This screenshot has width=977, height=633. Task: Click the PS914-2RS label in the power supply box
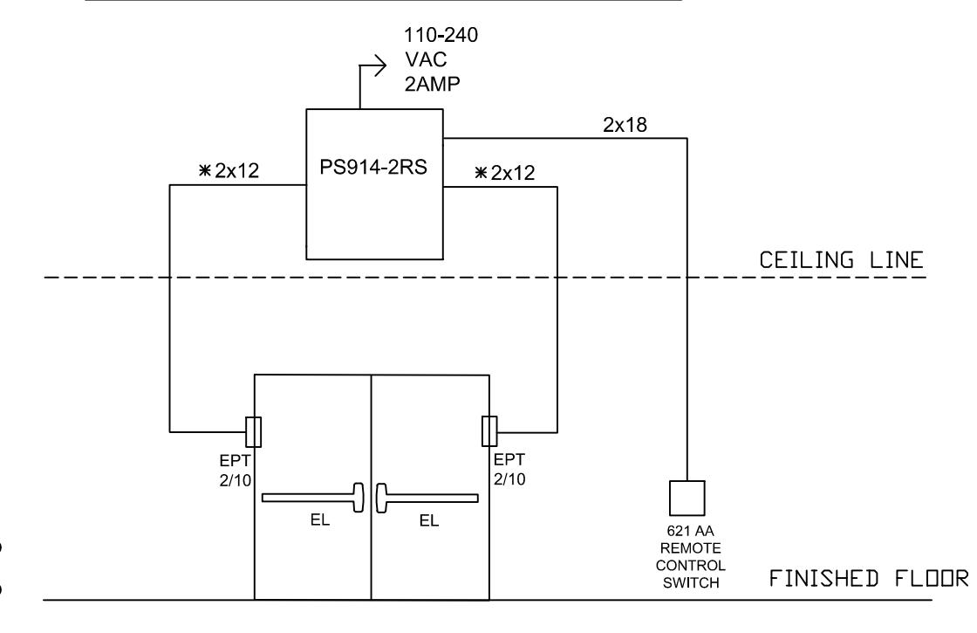pos(373,167)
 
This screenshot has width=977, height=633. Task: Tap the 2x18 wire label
pos(625,125)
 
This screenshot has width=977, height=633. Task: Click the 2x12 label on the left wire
pos(236,170)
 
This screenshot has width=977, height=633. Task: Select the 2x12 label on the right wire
pos(513,173)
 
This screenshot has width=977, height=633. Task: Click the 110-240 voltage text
pos(441,35)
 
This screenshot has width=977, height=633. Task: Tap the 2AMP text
pos(433,84)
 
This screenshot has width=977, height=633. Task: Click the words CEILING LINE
pos(841,260)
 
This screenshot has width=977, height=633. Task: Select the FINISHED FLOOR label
pos(869,579)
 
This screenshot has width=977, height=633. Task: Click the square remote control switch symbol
pos(687,498)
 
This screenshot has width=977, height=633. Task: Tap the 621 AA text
pos(690,531)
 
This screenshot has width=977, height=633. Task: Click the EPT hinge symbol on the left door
pos(253,431)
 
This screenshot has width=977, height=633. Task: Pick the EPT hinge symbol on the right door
pos(489,431)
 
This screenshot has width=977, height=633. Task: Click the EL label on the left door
pos(320,519)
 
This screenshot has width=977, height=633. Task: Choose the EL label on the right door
pos(429,520)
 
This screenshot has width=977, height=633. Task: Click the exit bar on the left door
pos(313,498)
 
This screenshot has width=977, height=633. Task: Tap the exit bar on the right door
pos(427,499)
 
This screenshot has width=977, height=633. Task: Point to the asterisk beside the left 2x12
pos(204,169)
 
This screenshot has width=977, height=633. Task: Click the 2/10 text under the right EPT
pos(509,479)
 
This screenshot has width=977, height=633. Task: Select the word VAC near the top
pos(427,59)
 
